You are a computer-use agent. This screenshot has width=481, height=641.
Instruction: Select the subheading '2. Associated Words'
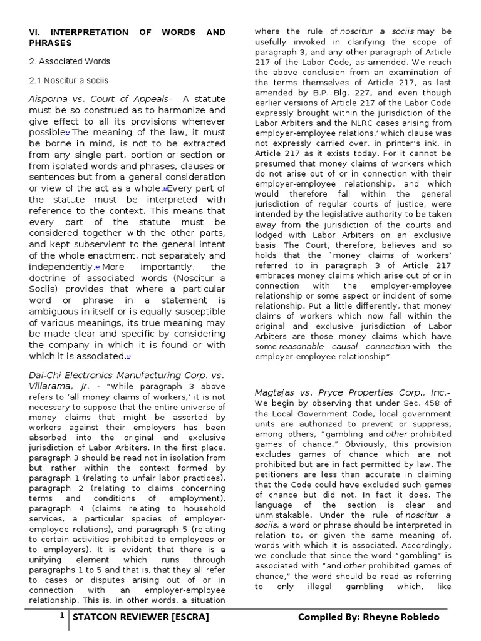pyautogui.click(x=70, y=61)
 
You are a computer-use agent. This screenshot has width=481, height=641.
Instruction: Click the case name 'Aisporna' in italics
pyautogui.click(x=53, y=99)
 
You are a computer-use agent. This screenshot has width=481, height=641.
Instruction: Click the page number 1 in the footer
pyautogui.click(x=63, y=617)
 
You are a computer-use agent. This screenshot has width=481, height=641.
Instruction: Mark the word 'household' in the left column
pyautogui.click(x=202, y=510)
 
